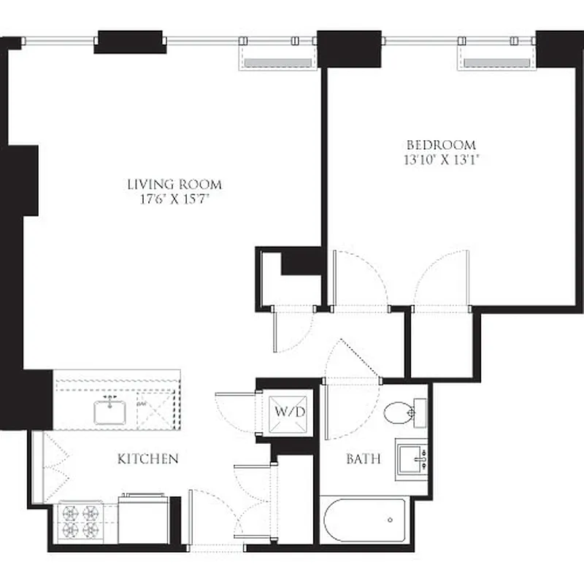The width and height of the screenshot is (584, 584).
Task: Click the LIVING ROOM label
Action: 174,185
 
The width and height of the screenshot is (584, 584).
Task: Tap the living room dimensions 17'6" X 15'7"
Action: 174,199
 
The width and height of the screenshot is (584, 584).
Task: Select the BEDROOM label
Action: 441,145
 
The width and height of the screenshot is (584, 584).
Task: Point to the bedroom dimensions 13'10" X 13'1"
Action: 441,158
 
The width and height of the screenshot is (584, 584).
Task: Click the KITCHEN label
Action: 148,459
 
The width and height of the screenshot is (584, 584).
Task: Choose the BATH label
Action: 363,459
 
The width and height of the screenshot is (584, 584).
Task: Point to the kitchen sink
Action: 110,412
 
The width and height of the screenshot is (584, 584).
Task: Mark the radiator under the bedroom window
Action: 496,63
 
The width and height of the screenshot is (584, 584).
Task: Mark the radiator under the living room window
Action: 277,63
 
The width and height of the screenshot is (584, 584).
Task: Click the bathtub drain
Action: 391,520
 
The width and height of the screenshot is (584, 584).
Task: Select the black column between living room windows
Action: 128,41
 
